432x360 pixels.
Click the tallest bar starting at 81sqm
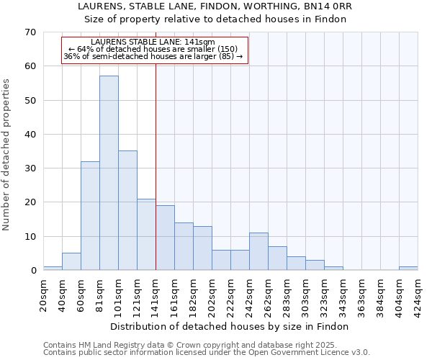click(109, 173)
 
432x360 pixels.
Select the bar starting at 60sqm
click(90, 216)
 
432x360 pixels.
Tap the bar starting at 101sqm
click(127, 210)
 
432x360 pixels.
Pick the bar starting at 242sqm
click(258, 252)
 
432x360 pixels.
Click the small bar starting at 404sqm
click(408, 269)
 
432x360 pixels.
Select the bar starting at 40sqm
click(71, 262)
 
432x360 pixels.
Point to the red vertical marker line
click(156, 180)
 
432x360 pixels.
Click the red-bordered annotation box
click(154, 50)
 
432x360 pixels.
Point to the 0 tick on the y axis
click(33, 271)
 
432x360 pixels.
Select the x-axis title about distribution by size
click(230, 326)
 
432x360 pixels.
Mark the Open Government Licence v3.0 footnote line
click(207, 353)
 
